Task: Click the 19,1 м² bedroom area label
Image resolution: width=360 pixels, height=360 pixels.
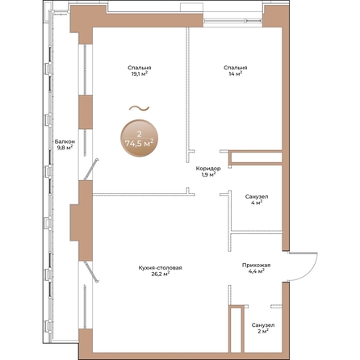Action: [139, 73]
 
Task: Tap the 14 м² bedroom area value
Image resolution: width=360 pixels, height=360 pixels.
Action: [236, 73]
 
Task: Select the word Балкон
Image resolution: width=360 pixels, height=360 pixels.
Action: [65, 141]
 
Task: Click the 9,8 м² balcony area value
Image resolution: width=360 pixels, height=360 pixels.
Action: [65, 148]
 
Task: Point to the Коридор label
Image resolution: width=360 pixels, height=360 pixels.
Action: [208, 169]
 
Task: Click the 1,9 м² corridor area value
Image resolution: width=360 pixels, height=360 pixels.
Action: [208, 174]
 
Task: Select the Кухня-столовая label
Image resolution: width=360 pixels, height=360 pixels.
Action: [161, 268]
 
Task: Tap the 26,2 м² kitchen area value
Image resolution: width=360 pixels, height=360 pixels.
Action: [161, 274]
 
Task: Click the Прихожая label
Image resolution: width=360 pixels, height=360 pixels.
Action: [256, 266]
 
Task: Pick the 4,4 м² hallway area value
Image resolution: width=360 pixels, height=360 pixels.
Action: [256, 271]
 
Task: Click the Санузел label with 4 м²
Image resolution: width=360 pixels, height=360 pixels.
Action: [257, 197]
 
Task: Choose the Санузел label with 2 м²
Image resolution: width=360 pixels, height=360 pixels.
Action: [263, 325]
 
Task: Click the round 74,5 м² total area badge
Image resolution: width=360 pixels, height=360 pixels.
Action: [139, 138]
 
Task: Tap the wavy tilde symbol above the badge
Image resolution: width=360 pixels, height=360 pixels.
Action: [139, 108]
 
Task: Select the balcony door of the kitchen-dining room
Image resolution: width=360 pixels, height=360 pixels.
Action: [91, 272]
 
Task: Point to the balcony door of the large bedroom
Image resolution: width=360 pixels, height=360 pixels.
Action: [92, 169]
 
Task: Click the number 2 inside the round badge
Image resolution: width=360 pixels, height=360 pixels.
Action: [139, 134]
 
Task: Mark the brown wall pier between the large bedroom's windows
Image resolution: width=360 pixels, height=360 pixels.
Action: [86, 112]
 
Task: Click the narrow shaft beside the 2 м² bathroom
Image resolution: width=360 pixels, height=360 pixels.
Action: [236, 329]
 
